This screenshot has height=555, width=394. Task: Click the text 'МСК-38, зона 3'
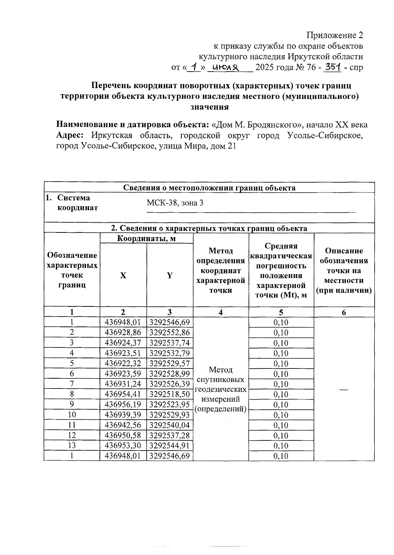tap(175, 203)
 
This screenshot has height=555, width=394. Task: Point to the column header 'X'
tap(123, 276)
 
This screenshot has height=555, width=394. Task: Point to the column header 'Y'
tap(169, 276)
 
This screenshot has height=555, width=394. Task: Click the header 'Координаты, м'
tap(146, 238)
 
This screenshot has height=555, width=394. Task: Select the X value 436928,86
tap(123, 333)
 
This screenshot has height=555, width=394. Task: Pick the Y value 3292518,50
tap(169, 394)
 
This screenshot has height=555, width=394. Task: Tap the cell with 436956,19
tap(123, 405)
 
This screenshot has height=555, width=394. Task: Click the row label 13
tap(72, 446)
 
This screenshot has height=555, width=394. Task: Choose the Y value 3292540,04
tap(169, 425)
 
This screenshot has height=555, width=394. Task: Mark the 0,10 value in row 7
tap(281, 384)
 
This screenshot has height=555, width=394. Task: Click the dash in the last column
tap(344, 389)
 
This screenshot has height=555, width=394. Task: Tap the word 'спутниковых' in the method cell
tap(220, 380)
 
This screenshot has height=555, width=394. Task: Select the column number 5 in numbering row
tap(281, 312)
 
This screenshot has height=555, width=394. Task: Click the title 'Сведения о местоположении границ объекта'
tap(209, 188)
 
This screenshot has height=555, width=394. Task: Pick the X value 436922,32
tap(123, 364)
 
